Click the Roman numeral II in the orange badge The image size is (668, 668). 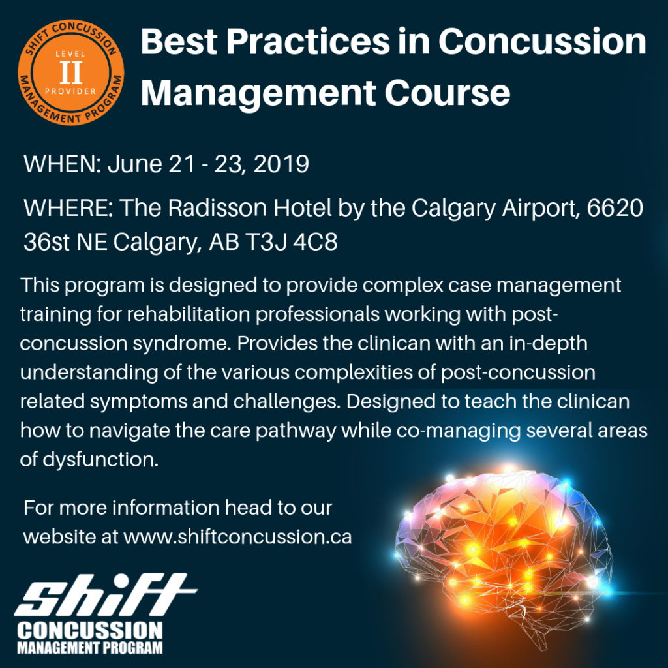70,72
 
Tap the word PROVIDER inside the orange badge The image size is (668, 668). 70,91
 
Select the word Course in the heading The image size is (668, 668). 448,93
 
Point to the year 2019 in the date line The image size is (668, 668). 281,164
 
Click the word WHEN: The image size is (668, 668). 62,164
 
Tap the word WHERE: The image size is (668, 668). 68,207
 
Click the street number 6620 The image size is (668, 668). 615,207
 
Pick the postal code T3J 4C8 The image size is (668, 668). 292,242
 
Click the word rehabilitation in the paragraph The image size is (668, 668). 189,314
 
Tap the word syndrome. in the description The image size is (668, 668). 183,343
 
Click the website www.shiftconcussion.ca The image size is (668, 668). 237,537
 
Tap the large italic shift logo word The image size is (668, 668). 106,595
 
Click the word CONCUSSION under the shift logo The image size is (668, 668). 90,631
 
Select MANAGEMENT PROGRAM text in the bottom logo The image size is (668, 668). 90,648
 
